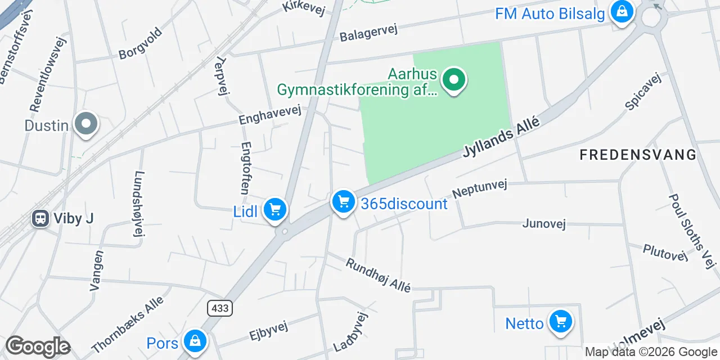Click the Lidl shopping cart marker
274,210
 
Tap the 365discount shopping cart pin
343,201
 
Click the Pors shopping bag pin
194,341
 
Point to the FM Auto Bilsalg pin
622,11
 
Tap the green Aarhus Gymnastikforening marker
453,80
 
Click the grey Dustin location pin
85,124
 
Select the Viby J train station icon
40,218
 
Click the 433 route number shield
219,308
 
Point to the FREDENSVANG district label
638,155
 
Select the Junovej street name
543,223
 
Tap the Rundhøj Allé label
378,275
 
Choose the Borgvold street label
141,43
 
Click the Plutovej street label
665,252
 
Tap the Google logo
38,347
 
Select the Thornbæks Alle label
127,324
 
